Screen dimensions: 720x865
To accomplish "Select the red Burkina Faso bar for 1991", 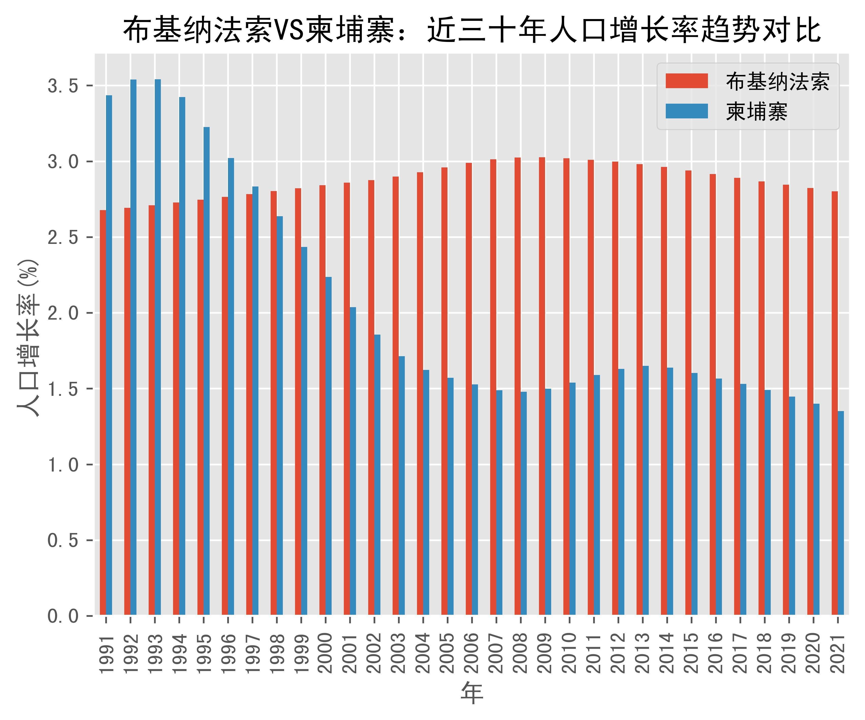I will (x=103, y=412).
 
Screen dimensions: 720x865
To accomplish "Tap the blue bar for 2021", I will (x=841, y=513).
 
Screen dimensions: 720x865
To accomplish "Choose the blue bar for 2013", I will (x=645, y=490).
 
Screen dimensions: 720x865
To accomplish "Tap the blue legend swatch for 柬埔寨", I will (x=687, y=111).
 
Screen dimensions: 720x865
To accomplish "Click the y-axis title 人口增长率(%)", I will (x=29, y=338).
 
